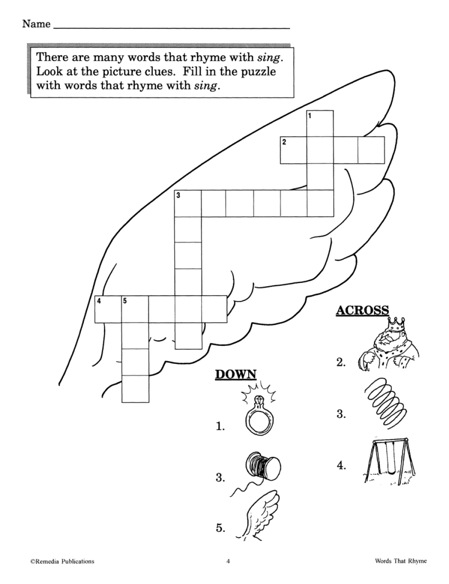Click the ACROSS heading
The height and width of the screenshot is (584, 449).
click(362, 310)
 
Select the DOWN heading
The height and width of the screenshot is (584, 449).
click(236, 374)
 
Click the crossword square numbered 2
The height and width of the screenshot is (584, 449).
click(293, 150)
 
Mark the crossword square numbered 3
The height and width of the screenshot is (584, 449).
click(187, 203)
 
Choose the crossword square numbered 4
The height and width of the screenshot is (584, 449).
click(108, 309)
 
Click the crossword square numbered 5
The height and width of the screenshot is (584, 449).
click(135, 309)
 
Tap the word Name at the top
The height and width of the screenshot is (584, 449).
click(36, 24)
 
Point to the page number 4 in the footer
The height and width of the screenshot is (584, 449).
click(228, 561)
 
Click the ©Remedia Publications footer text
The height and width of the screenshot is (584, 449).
click(62, 561)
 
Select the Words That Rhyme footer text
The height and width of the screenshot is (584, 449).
click(401, 561)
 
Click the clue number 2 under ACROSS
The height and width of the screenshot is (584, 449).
click(341, 362)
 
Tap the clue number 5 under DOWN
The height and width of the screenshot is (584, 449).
click(220, 528)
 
